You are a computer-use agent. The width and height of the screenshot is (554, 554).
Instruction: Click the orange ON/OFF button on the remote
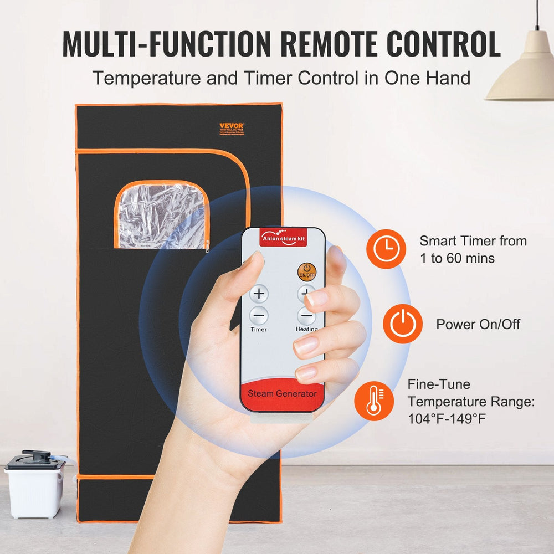point(306,271)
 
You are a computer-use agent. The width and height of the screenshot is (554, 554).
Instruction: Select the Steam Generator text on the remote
point(282,394)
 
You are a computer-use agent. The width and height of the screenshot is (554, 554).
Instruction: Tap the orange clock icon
point(386,249)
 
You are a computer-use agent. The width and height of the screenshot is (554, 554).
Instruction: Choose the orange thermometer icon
point(374,400)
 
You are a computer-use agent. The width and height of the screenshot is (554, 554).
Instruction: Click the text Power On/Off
point(478,324)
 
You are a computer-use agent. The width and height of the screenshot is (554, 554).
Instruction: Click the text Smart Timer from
point(473,241)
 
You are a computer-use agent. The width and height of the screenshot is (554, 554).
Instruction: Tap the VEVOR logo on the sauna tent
point(231,126)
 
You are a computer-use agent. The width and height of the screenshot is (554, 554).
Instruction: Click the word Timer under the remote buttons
point(258,330)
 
